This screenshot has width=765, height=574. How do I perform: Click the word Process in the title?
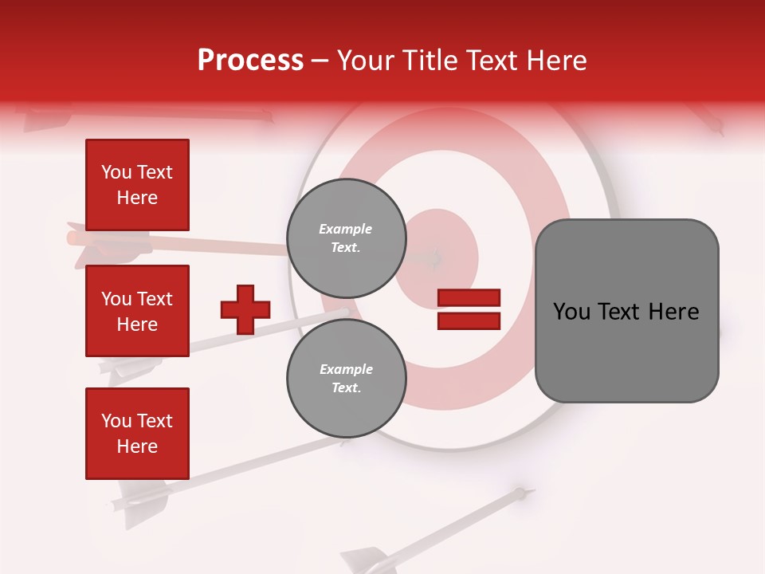click(250, 61)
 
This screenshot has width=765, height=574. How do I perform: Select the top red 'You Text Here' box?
click(137, 185)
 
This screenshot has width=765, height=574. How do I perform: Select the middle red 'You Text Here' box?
click(137, 311)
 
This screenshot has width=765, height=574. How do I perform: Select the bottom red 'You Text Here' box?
click(137, 433)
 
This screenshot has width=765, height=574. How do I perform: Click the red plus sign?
click(245, 309)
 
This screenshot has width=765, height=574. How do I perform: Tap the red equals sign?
click(469, 309)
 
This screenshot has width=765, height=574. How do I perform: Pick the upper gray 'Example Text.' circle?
click(346, 238)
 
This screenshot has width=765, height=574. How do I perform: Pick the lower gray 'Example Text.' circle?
click(346, 379)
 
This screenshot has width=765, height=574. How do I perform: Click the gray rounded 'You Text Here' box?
click(626, 311)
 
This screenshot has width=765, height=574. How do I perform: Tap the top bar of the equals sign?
click(469, 298)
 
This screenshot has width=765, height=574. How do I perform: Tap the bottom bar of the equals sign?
click(469, 321)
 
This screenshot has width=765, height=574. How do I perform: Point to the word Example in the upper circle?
click(345, 230)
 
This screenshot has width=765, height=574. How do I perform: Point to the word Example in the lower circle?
click(346, 370)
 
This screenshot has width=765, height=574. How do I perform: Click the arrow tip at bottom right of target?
click(520, 493)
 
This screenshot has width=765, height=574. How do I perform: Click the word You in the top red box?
click(116, 172)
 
